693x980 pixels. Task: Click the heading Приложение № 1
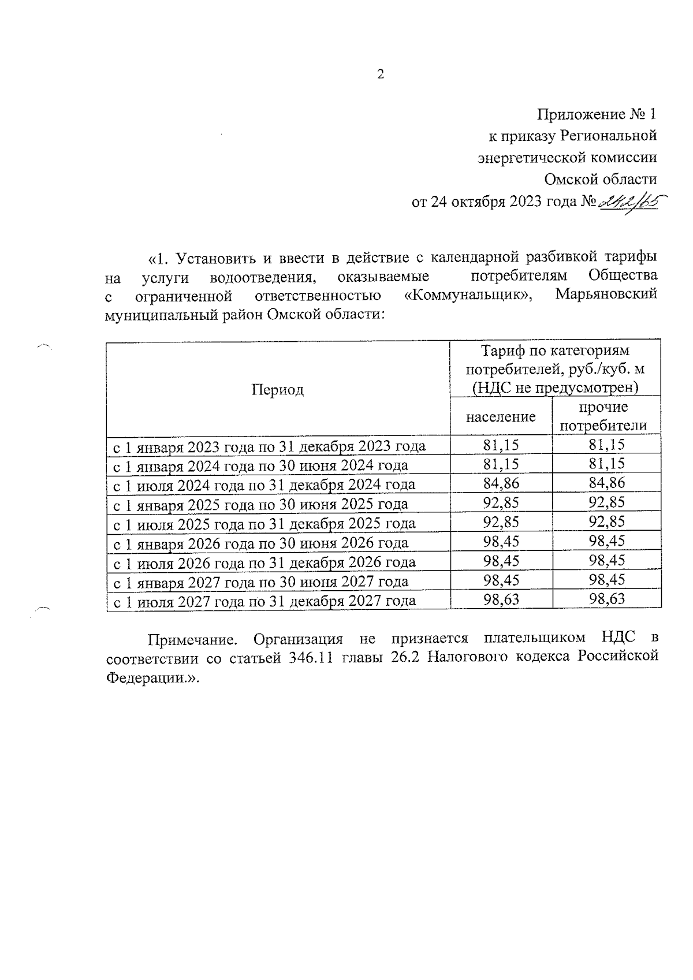pos(597,114)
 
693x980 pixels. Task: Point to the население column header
pos(501,417)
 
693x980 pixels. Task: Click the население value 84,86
pos(501,483)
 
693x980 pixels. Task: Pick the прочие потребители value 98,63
pos(607,599)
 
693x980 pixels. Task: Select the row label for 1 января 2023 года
pos(269,446)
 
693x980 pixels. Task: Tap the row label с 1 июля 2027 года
pos(264,601)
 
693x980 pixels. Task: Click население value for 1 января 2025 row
pos(501,502)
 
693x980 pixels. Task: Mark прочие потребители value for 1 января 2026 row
pos(607,541)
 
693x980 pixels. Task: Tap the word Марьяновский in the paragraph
pos(606,294)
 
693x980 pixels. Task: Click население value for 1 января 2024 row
pos(501,464)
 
